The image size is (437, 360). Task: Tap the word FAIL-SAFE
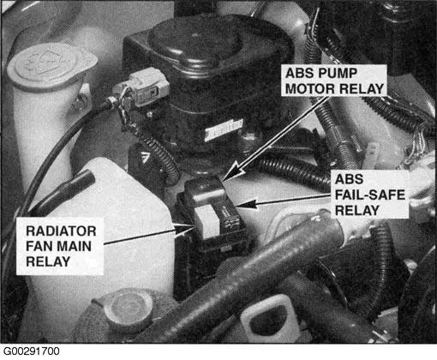370,195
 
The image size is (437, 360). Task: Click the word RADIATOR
61,231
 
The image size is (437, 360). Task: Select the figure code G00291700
31,351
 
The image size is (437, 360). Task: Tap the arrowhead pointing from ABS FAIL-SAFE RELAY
245,204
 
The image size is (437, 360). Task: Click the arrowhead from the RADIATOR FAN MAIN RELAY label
184,228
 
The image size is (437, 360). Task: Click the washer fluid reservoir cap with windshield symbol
51,66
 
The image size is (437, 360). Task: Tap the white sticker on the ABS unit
224,129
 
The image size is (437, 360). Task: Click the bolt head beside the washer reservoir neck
81,102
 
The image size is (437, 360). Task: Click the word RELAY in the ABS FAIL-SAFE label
357,210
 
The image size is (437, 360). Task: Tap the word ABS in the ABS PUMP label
296,74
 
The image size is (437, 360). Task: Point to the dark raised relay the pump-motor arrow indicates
203,190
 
